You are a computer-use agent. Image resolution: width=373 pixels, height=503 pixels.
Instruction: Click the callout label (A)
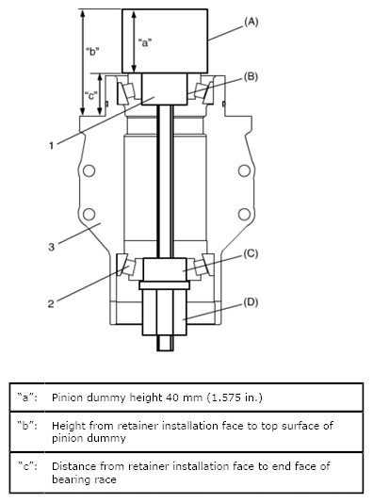point(251,22)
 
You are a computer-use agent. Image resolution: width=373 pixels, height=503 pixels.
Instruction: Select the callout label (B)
point(251,77)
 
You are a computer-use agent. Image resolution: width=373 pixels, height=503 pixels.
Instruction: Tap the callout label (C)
point(251,253)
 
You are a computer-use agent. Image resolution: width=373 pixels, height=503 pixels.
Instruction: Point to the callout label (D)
point(251,302)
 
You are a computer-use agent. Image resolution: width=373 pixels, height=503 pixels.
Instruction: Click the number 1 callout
point(51,146)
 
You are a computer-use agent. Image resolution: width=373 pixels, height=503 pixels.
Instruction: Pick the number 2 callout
point(51,303)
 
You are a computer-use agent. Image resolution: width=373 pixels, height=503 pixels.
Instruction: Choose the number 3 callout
point(51,247)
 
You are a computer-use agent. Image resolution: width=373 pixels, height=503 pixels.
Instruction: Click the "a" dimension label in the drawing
point(145,42)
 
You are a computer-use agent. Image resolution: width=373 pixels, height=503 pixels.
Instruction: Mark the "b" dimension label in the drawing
point(92,51)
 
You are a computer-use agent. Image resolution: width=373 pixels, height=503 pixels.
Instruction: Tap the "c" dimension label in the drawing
point(90,95)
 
